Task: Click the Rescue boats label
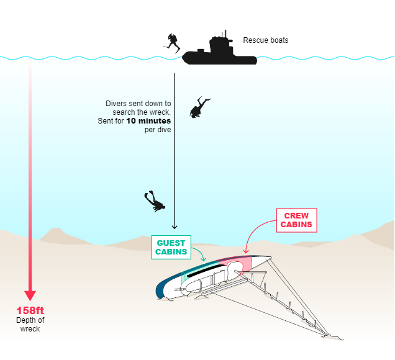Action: click(x=265, y=41)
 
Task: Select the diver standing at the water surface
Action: click(x=171, y=42)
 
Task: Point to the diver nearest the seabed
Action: click(x=154, y=201)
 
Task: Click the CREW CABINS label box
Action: click(x=296, y=220)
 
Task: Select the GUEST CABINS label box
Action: click(x=171, y=247)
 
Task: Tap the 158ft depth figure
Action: click(x=30, y=310)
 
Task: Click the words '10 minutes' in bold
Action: click(x=148, y=121)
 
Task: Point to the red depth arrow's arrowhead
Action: click(x=30, y=295)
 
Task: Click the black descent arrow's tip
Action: click(x=175, y=227)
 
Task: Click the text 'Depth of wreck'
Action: click(x=30, y=324)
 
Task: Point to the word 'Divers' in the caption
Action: click(x=117, y=103)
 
